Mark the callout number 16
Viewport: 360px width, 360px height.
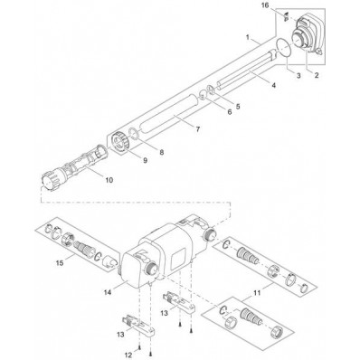tap(265, 6)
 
